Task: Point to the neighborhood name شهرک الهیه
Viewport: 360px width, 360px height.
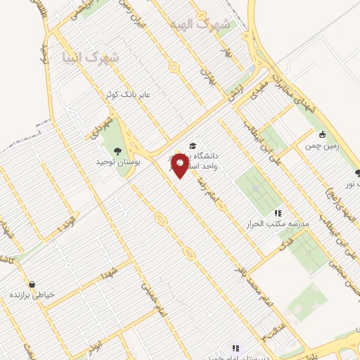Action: tap(191, 24)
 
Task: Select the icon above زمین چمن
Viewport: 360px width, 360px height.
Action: tap(322, 135)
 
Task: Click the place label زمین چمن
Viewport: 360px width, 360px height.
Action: tap(322, 146)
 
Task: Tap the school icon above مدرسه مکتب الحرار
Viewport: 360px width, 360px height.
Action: tap(277, 212)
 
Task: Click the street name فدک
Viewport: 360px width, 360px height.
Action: tap(283, 245)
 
